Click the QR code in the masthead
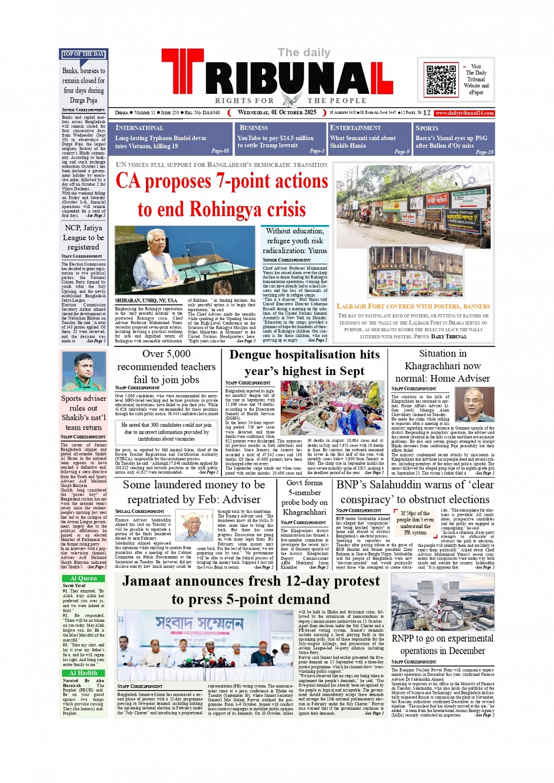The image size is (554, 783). (441, 80)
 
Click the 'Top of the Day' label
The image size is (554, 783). (83, 54)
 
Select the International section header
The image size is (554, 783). (140, 128)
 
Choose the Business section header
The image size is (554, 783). (253, 127)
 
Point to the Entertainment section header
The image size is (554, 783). (355, 127)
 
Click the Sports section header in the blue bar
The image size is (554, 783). (427, 128)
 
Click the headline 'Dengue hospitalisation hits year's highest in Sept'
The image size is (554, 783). (304, 363)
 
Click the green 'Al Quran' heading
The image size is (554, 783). (83, 578)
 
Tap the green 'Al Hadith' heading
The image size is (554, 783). (83, 673)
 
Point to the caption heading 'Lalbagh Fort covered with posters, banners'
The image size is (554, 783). (413, 306)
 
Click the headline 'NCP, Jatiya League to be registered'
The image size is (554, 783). (83, 237)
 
